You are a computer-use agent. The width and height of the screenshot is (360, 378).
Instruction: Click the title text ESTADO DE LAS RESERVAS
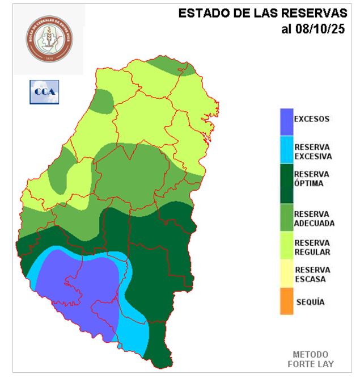point(262,14)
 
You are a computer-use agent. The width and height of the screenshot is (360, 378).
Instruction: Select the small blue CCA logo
point(44,91)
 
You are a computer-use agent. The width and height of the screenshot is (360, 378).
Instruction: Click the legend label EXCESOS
point(311,119)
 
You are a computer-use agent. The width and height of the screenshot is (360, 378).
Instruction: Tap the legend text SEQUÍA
point(310,302)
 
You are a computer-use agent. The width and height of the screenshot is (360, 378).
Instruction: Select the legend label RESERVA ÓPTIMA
point(312,179)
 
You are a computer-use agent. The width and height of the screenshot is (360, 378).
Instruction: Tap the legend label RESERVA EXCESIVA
point(313,152)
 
